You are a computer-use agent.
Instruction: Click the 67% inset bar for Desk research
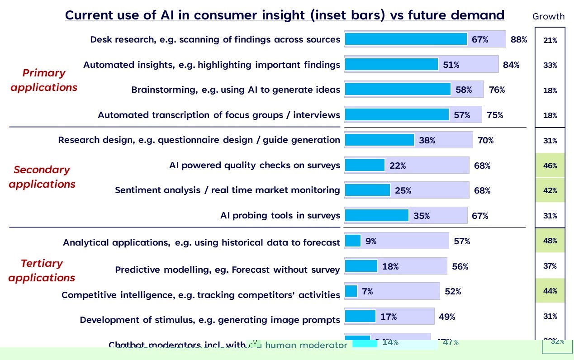[x=405, y=39]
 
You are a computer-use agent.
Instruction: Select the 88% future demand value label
[x=519, y=39]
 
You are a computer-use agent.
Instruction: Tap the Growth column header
[x=548, y=17]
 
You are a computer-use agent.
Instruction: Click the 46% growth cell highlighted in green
[x=550, y=166]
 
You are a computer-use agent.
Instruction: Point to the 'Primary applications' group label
[x=44, y=80]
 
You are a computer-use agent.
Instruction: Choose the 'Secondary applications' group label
[x=42, y=177]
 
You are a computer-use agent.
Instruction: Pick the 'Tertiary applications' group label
[x=42, y=270]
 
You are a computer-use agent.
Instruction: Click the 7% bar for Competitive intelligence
[x=351, y=291]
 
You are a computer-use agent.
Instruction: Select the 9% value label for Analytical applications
[x=371, y=242]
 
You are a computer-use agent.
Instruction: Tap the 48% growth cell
[x=550, y=241]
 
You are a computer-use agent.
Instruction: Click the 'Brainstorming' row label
[x=236, y=90]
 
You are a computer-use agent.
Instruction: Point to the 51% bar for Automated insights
[x=391, y=65]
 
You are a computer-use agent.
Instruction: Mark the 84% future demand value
[x=511, y=65]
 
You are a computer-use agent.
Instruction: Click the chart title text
[x=285, y=15]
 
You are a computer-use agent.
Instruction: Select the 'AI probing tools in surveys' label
[x=280, y=215]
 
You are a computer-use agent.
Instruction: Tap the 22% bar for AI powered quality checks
[x=365, y=166]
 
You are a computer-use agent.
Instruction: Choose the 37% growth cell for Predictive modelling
[x=550, y=266]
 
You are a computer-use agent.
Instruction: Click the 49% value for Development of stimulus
[x=447, y=317]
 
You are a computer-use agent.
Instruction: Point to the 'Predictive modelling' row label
[x=227, y=270]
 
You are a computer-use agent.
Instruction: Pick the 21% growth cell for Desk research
[x=550, y=40]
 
